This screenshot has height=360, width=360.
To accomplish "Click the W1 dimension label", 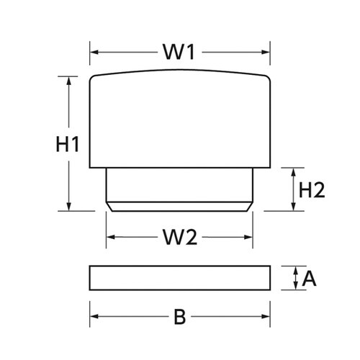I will [180, 53].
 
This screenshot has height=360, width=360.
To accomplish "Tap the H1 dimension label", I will [67, 144].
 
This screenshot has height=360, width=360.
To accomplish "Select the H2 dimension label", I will [312, 190].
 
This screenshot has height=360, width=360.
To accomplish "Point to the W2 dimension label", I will [179, 237].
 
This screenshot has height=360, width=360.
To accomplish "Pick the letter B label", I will [180, 315].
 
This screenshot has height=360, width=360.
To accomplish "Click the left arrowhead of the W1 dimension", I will [94, 53].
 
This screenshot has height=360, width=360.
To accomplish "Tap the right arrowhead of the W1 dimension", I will [266, 53].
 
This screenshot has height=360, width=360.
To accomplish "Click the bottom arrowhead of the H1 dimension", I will [69, 207].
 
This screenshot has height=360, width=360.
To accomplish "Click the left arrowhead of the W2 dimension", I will [110, 237].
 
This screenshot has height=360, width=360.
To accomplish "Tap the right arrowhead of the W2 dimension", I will [249, 237].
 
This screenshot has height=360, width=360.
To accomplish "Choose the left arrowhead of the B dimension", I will [94, 315].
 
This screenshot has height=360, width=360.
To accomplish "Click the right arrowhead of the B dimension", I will [266, 315].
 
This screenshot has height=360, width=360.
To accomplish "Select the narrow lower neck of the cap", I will [180, 187].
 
